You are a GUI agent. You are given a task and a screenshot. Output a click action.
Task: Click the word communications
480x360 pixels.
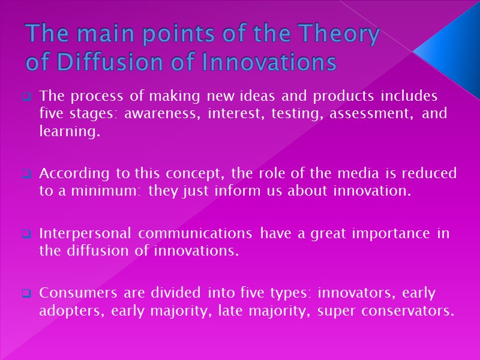click(x=191, y=233)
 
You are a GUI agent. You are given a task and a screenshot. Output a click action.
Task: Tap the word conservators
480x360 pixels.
click(x=408, y=311)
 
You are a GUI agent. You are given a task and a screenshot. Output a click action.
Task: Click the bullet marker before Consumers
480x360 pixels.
click(x=27, y=294)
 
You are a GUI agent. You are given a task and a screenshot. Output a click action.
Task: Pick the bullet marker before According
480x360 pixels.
click(x=27, y=175)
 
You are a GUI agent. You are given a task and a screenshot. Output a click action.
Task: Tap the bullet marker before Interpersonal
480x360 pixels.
click(x=27, y=234)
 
